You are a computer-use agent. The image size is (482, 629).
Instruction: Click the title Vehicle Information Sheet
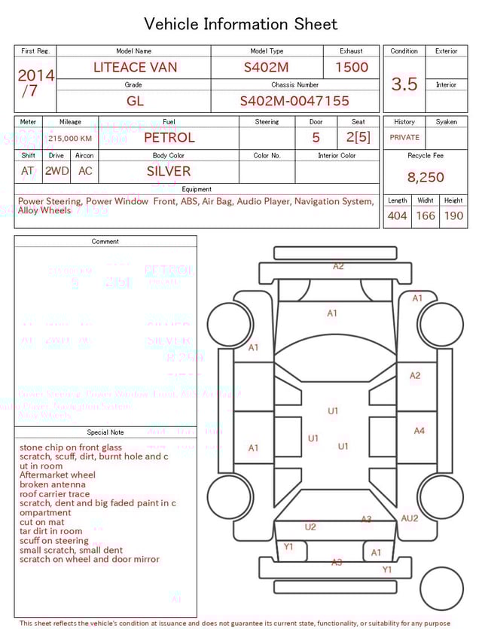pyautogui.click(x=241, y=24)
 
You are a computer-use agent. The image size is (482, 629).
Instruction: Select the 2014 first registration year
pyautogui.click(x=35, y=75)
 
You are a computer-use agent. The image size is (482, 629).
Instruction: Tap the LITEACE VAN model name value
pyautogui.click(x=136, y=67)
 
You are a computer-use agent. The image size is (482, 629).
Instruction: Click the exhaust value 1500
pyautogui.click(x=352, y=67)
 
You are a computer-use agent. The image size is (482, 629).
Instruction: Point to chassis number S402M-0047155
pyautogui.click(x=294, y=101)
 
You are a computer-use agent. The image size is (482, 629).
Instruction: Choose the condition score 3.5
pyautogui.click(x=404, y=84)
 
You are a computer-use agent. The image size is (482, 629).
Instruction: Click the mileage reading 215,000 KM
pyautogui.click(x=70, y=139)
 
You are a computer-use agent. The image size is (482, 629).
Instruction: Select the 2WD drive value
pyautogui.click(x=56, y=171)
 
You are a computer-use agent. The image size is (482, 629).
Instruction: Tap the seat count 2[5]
pyautogui.click(x=358, y=137)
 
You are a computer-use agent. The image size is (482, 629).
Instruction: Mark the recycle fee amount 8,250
pyautogui.click(x=426, y=178)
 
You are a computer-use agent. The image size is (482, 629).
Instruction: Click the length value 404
pyautogui.click(x=397, y=216)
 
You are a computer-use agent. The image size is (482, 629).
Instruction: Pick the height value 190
pyautogui.click(x=453, y=216)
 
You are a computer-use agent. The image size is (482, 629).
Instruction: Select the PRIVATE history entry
pyautogui.click(x=404, y=138)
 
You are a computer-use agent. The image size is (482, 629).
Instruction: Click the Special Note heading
pyautogui.click(x=105, y=432)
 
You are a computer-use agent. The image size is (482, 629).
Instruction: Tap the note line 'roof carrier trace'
pyautogui.click(x=54, y=494)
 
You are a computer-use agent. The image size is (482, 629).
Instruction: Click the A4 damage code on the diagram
pyautogui.click(x=419, y=431)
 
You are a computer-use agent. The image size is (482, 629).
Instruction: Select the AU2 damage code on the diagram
pyautogui.click(x=410, y=518)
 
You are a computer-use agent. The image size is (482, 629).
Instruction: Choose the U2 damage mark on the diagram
pyautogui.click(x=310, y=527)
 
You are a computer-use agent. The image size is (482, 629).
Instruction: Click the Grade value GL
pyautogui.click(x=135, y=101)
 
